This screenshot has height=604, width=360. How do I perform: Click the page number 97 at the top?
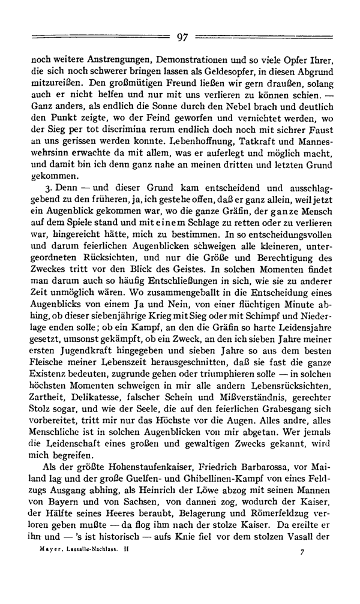pyautogui.click(x=183, y=38)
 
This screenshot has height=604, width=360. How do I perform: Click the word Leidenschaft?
pyautogui.click(x=64, y=444)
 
